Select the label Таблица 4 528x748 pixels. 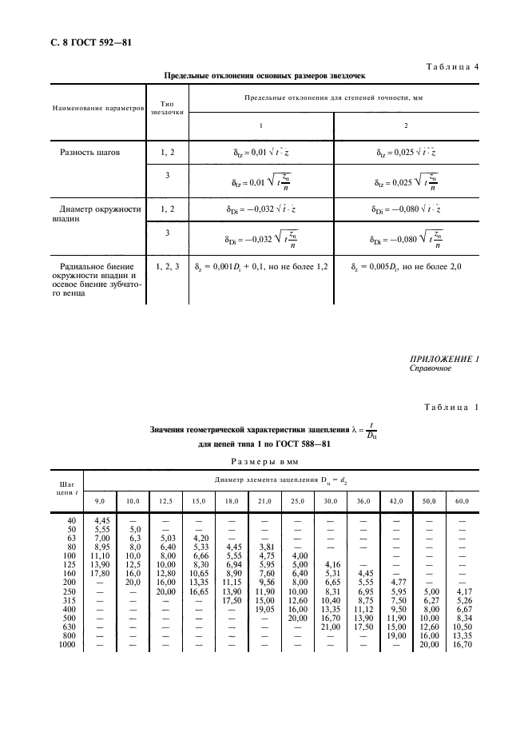tap(452, 66)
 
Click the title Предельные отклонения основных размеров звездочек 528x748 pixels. tap(264, 78)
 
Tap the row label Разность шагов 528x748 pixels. tap(90, 151)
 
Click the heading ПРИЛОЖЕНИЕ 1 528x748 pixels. tap(443, 359)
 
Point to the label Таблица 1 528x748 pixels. tap(452, 409)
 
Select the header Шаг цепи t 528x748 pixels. tap(66, 488)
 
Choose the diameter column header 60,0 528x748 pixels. tap(462, 500)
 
